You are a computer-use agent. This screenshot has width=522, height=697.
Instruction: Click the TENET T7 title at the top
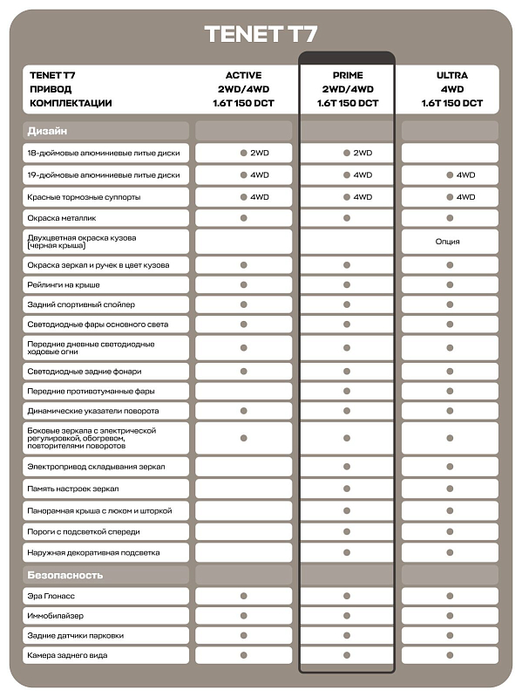pos(261,34)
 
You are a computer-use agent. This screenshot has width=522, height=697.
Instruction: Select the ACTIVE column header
pos(243,76)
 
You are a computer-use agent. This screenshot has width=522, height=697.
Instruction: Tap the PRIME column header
pos(347,76)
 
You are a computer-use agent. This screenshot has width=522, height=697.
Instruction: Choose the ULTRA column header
pos(451,76)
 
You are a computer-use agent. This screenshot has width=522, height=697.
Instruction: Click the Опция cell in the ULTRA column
pos(450,242)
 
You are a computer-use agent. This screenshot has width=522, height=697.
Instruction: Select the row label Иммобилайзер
pos(55,616)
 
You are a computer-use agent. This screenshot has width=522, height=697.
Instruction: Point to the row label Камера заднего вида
pos(67,655)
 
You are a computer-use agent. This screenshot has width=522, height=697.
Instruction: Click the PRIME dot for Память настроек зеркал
pos(347,489)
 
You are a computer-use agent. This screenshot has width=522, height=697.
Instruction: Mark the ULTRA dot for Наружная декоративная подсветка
pos(450,552)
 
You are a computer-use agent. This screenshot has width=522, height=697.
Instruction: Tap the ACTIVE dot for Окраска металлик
pos(243,217)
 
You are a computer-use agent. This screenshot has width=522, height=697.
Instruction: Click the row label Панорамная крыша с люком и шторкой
pos(99,510)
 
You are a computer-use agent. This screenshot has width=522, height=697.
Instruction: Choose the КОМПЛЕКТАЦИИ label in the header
pos(71,103)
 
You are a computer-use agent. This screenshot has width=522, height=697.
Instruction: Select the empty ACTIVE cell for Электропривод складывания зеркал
pos(243,467)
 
